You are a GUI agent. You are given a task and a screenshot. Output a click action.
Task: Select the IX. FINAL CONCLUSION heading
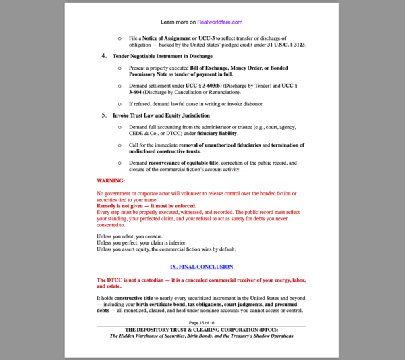pos(201,267)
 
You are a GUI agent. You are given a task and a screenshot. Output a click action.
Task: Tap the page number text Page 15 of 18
pos(202,323)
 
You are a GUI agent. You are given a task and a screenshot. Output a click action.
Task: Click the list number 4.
pos(105,56)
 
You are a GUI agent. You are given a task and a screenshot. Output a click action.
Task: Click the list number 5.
pos(105,115)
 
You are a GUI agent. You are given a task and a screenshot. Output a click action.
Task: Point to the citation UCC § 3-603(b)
pos(202,86)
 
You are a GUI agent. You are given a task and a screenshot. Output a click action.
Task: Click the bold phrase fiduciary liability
pos(213,133)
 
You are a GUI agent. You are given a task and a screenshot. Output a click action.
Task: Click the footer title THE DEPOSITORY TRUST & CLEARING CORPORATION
pos(202,329)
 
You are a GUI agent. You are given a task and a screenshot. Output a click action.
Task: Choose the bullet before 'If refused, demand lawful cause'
pos(119,104)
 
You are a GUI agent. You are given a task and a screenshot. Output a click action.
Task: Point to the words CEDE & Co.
pos(142,133)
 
